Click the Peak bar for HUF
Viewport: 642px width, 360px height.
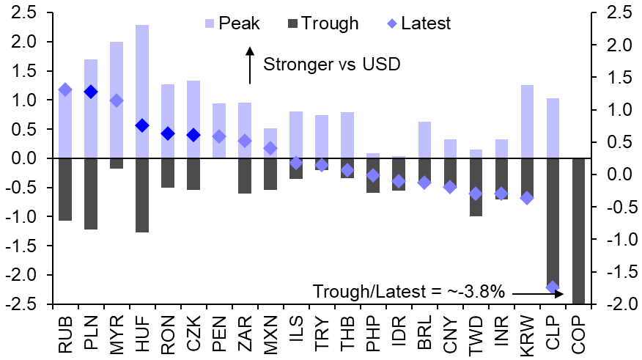tap(142, 92)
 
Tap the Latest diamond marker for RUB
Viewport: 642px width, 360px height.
tap(65, 89)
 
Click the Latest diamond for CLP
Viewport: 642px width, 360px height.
tap(553, 287)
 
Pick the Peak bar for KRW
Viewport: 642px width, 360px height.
tap(527, 122)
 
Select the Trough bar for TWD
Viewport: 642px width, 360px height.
tap(476, 187)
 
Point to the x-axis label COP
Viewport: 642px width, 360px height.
tap(578, 333)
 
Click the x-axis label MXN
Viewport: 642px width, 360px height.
tap(270, 333)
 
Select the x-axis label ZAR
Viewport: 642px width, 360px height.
tap(245, 333)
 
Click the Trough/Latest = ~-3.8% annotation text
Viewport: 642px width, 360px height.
tap(409, 292)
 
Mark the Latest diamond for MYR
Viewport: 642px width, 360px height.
tap(117, 100)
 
